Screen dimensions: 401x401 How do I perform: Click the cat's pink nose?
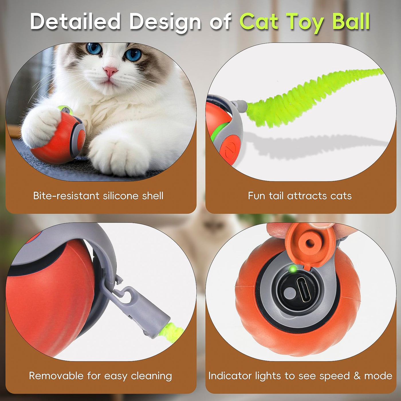coord(111,71)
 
